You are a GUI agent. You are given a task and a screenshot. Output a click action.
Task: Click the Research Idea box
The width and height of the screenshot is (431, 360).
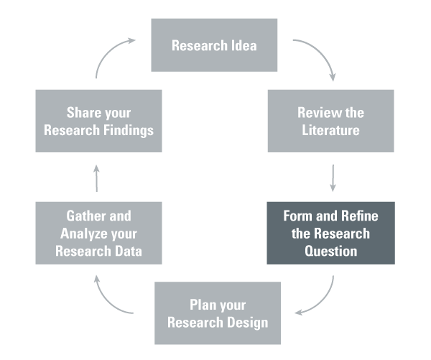213,45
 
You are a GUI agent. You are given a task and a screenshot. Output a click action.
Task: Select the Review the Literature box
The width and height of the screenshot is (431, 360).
330,121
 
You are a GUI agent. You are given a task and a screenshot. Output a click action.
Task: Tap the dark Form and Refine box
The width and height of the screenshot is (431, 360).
330,233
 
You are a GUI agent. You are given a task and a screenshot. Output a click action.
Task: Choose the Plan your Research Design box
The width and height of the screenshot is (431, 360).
217,313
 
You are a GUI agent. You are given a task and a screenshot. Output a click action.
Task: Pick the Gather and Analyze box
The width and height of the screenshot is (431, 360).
98,233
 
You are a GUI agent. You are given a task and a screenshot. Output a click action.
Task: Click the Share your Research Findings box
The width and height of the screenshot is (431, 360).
98,121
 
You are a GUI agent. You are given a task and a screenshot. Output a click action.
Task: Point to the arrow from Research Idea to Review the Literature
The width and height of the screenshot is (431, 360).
323,60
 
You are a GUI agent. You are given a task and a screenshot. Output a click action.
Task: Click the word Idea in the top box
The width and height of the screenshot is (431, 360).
244,45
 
